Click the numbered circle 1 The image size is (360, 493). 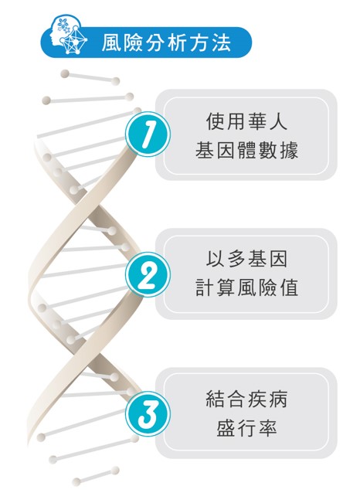pos(148,134)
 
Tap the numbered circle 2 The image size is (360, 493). pos(148,274)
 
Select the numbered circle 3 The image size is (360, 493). pos(148,413)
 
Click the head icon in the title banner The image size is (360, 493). pos(68,35)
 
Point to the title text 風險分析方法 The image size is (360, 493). pos(166,42)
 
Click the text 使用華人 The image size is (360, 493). pos(246,121)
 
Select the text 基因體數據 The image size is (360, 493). pos(246,150)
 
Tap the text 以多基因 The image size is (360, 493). pos(246,259)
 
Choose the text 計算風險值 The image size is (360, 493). pos(246,287)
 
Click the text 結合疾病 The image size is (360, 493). pos(246,399)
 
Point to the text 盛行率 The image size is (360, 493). pos(246,428)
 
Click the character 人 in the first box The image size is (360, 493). pos(278,121)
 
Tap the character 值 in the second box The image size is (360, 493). pos(289,287)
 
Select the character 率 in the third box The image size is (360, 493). pos(267,428)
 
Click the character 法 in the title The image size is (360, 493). pos(222,42)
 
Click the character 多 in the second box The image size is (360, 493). pos(236,259)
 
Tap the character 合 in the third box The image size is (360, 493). pos(236,399)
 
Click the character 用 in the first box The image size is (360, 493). pos(236,121)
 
